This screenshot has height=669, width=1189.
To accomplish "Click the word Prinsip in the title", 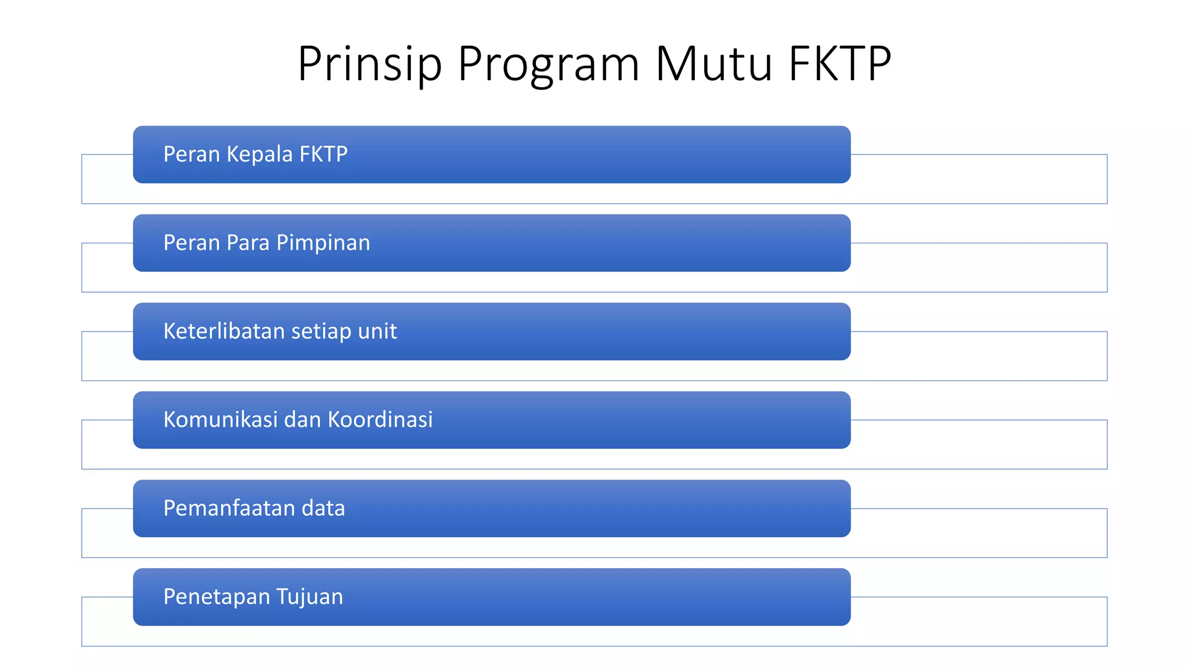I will (x=370, y=64).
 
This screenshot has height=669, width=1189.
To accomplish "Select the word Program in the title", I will (x=548, y=64).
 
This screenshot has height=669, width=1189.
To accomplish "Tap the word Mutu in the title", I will (x=714, y=64).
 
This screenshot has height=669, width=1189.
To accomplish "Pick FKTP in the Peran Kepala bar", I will (x=323, y=154).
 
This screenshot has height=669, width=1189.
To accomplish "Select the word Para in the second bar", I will (x=248, y=243).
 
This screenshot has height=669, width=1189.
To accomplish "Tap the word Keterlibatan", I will (x=224, y=331).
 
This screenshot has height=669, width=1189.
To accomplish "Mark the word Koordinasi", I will (x=380, y=420).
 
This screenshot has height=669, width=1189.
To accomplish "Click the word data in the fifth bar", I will (x=323, y=508).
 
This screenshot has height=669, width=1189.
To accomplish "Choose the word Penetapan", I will (x=217, y=597).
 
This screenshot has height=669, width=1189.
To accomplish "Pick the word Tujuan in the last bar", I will (x=309, y=597).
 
